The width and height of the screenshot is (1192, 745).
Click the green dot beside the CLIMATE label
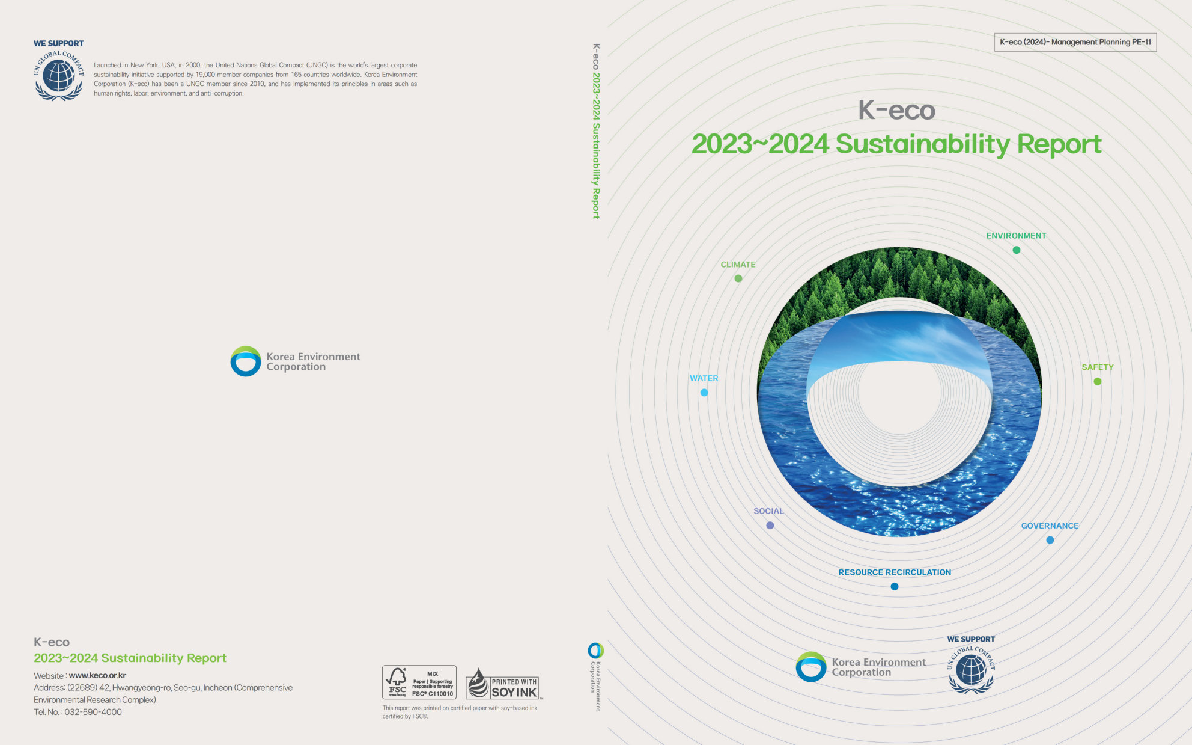pos(738,278)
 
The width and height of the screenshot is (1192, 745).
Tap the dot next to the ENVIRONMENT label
pos(1016,250)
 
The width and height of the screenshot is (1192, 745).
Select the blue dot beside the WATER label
pos(704,393)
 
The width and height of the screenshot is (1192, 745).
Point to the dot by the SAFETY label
pos(1098,381)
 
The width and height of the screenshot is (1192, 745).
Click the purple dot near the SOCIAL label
pos(770,526)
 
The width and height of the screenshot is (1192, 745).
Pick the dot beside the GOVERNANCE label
pos(1050,540)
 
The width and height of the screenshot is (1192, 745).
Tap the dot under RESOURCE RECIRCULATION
pos(895,587)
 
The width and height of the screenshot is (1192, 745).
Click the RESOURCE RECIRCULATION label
pos(895,572)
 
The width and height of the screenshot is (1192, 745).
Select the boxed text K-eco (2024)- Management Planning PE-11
pos(1075,42)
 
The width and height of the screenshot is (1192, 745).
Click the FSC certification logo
pos(419,682)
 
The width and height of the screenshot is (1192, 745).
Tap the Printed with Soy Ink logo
pos(503,684)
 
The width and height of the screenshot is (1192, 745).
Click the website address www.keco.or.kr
pos(97,675)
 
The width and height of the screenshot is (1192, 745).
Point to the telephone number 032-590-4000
pos(93,712)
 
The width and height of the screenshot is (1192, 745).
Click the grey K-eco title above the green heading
pos(896,110)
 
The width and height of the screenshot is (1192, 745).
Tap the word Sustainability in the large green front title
pos(923,144)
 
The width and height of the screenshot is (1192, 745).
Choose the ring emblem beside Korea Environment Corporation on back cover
pos(246,361)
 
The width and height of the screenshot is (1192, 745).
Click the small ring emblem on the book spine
pos(595,651)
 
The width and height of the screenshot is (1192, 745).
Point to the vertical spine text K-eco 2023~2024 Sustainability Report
pos(596,131)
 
